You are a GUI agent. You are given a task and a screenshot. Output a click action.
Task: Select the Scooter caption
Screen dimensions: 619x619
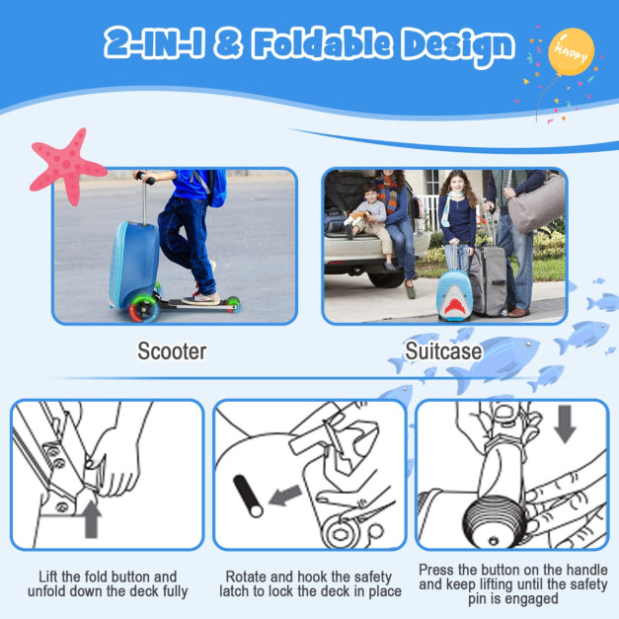coord(172,350)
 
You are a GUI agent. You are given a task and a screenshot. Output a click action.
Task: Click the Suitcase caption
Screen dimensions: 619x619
coord(443,350)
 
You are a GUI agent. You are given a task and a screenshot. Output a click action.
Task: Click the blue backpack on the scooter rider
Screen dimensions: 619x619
coord(215,187)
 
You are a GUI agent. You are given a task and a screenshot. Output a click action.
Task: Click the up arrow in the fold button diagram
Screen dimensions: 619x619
coord(92,518)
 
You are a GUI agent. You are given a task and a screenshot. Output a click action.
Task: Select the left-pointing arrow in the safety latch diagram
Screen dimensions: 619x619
coord(285,496)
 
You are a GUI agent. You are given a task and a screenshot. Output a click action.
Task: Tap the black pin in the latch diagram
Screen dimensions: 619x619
coord(246,497)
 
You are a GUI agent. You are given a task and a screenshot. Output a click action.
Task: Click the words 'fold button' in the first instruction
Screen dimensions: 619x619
coord(144,577)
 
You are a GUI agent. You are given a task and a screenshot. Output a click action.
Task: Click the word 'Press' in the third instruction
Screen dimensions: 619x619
coord(438,570)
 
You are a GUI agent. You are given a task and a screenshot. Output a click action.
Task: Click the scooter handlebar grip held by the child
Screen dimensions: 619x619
coord(144,178)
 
